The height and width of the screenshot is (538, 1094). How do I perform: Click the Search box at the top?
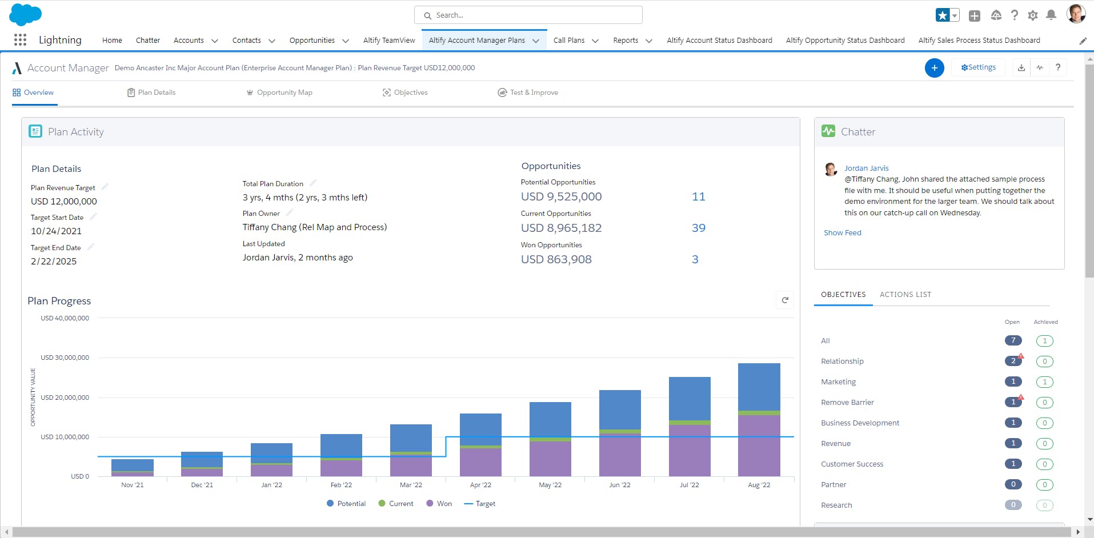(528, 15)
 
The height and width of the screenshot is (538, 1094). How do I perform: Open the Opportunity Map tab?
(279, 93)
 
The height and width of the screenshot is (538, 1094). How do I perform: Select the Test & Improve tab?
(528, 93)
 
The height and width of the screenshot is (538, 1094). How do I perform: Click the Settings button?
(978, 67)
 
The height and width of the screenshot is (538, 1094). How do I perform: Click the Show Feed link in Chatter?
(843, 233)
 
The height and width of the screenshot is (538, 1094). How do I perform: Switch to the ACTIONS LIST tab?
(905, 295)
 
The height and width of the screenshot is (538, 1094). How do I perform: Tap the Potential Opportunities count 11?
(699, 196)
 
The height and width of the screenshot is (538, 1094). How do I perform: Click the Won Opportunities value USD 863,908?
(556, 259)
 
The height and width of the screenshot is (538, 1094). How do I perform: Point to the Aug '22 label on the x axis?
(759, 485)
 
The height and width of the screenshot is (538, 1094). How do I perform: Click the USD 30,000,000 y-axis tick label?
(65, 358)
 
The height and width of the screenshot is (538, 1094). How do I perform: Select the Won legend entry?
(439, 504)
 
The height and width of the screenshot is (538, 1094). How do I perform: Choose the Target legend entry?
(480, 504)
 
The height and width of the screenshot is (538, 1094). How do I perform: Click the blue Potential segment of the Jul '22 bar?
(690, 399)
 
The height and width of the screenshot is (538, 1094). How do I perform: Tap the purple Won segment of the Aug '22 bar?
(759, 445)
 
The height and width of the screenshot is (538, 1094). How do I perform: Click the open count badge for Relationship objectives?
(1013, 361)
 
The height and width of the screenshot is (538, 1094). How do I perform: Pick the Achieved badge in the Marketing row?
(1045, 382)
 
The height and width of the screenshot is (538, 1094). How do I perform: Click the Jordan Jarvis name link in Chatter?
(867, 168)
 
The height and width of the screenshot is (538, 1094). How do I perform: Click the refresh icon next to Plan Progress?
(785, 300)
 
